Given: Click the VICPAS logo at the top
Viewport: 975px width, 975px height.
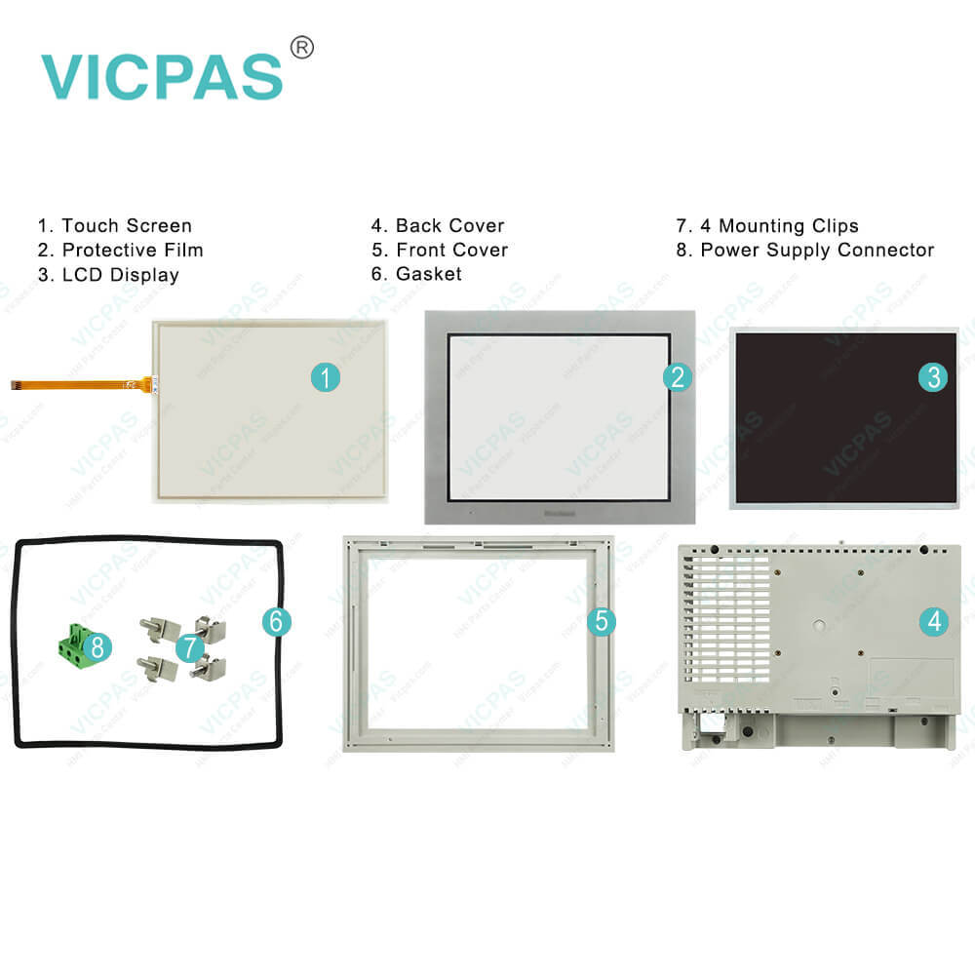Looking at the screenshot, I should tap(162, 76).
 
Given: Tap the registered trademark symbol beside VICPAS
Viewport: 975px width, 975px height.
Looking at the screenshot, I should tap(302, 48).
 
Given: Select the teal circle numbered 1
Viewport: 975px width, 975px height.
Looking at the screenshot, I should tap(325, 377).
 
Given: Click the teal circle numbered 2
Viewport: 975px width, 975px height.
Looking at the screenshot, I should tap(678, 377).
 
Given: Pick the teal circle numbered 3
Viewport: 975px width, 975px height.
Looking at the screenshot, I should tap(933, 377).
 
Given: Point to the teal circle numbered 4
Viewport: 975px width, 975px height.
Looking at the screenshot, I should tap(934, 621).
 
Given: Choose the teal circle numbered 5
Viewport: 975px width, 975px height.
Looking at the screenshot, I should tap(601, 621).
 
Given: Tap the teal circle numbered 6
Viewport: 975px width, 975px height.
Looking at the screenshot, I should tap(276, 621).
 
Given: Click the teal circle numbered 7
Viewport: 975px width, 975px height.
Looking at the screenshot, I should tap(190, 645).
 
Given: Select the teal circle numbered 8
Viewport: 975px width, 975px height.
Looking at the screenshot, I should tap(97, 645).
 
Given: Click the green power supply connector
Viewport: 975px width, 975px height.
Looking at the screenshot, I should tap(72, 646).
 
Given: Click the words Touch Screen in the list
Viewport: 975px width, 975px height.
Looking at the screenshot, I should tap(127, 226).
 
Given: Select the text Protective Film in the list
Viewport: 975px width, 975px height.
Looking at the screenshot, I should tap(133, 251).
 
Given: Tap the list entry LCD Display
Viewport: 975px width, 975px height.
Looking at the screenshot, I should tap(120, 275).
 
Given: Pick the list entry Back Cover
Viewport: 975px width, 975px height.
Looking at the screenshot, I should tap(449, 226).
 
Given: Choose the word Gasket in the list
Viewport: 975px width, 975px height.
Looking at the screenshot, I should tap(428, 275).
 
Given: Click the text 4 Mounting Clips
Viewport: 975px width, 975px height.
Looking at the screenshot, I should tap(779, 226).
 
